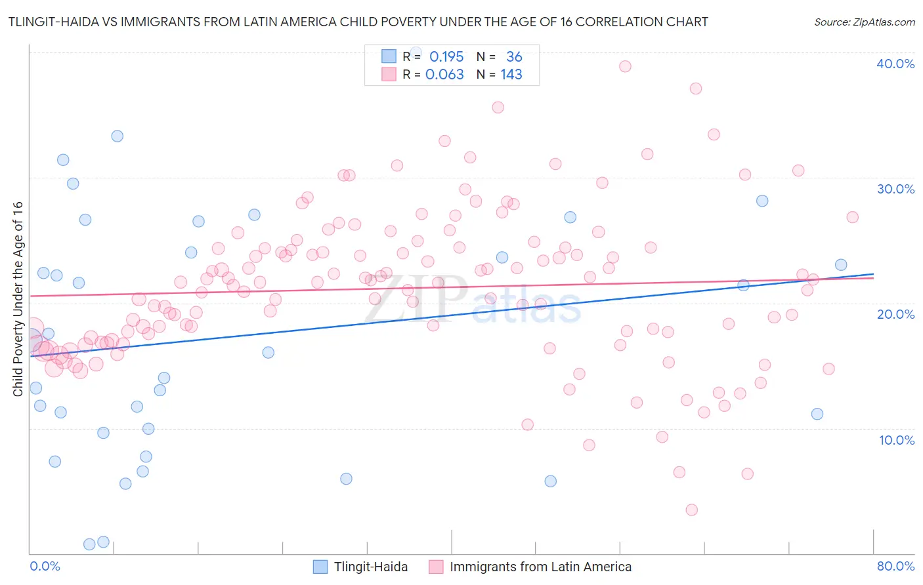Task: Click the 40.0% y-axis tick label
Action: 895,64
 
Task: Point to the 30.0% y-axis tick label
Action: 895,189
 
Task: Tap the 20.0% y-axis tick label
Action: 895,314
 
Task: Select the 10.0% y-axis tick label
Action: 896,440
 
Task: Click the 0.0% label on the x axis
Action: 45,566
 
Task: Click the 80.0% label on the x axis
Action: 895,566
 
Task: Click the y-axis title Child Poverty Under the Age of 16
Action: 18,298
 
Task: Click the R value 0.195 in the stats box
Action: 446,57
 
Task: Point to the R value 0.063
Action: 444,75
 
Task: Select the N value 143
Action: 511,75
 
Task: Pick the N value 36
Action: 514,57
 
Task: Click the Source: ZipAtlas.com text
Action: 864,22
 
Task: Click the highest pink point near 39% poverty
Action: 625,66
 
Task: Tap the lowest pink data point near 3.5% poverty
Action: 691,510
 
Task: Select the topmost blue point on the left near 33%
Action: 118,136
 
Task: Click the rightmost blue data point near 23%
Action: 841,265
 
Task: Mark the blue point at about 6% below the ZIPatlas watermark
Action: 346,479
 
